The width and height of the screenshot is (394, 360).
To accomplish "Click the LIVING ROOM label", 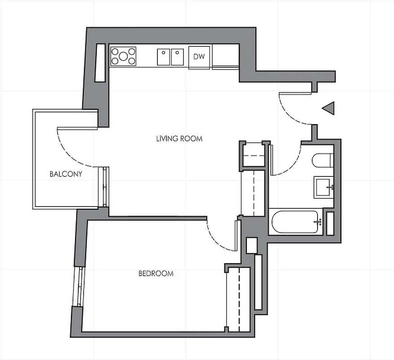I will (x=179, y=139).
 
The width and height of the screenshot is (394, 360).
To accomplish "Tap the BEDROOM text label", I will (x=156, y=274).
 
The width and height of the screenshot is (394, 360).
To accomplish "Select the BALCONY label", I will (x=66, y=174).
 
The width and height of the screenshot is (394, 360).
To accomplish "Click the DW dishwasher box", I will (x=199, y=57).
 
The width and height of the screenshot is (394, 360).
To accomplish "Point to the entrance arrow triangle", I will (x=329, y=108).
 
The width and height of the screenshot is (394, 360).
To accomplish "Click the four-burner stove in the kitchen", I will (x=123, y=56).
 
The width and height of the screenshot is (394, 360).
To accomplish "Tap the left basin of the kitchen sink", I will (x=163, y=57).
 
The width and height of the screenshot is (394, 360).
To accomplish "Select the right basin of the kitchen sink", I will (x=177, y=57).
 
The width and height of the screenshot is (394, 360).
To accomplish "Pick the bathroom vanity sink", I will (x=324, y=187).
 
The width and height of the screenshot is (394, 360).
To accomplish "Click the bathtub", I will (x=296, y=221).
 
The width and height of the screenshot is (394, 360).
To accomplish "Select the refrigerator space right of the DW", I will (x=225, y=57).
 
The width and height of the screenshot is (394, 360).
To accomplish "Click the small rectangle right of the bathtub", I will (x=330, y=222).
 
